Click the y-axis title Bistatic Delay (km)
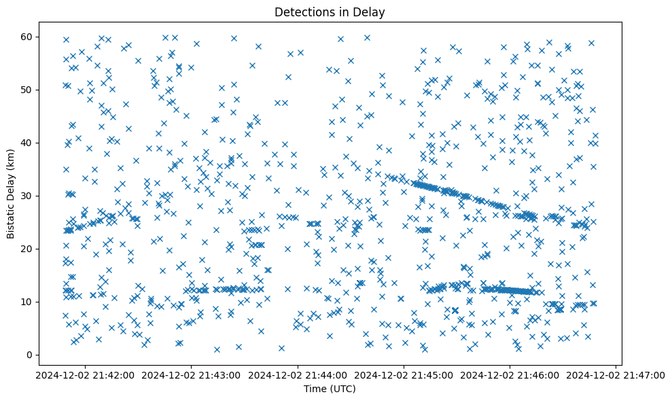11,194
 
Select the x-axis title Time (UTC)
329,389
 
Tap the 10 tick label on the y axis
25,302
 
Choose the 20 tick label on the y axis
25,249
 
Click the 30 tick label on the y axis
25,196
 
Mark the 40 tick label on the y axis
25,143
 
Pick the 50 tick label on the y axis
25,90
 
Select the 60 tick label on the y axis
25,37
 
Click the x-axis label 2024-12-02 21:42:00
86,374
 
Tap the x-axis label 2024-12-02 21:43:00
192,374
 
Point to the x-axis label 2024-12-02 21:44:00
298,374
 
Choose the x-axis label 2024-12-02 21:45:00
404,374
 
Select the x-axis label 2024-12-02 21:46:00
510,374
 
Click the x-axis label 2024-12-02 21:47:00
616,374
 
